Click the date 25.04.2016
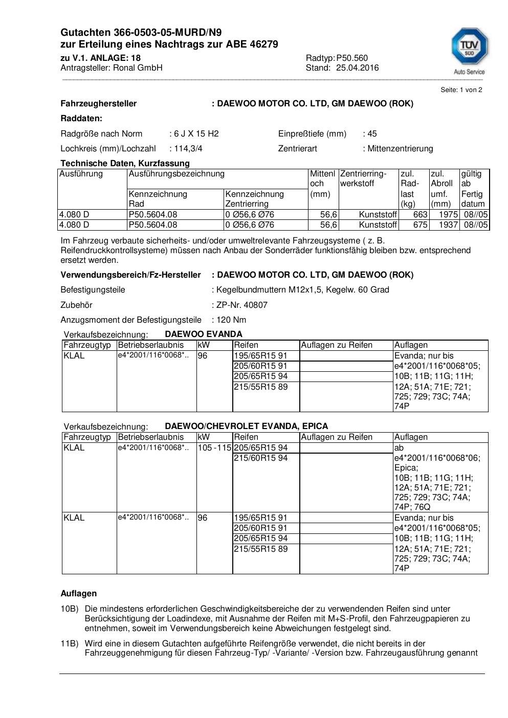357,68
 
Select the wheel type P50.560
352,58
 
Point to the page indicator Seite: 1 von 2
461,90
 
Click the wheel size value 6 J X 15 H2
196,134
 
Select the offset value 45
372,134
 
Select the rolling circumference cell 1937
448,225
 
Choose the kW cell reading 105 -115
214,448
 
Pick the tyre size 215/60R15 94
260,458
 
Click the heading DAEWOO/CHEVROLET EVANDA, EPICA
247,426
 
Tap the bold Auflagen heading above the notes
79,594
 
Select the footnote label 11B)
70,644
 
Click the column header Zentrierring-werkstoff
363,178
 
